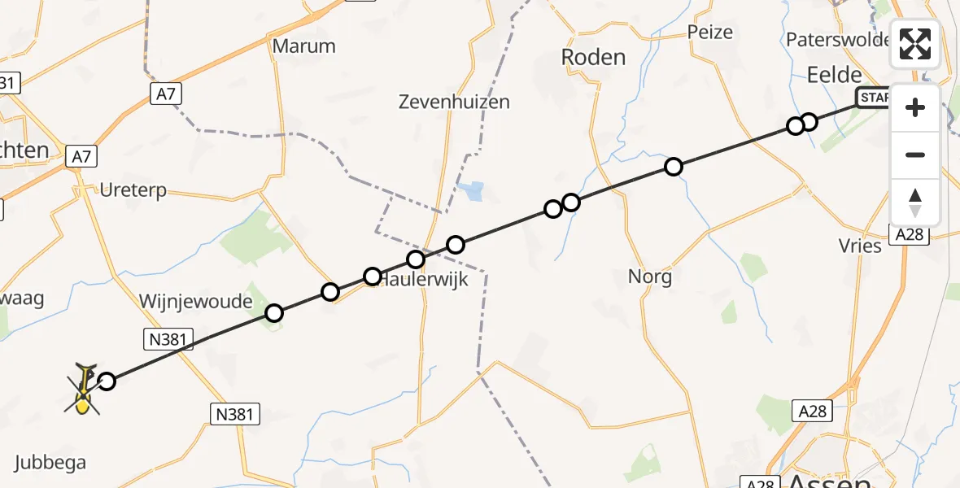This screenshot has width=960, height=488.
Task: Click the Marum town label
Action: click(303, 46)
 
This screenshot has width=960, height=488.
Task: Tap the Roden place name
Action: click(594, 57)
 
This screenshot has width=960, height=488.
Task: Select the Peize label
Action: click(709, 33)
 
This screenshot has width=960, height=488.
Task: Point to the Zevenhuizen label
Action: click(454, 102)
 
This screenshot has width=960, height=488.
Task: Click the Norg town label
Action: click(650, 277)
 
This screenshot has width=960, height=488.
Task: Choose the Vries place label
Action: click(860, 246)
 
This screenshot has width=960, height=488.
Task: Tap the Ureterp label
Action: click(133, 190)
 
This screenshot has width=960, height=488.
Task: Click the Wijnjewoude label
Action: click(196, 302)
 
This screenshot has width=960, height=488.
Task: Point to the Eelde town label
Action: click(834, 75)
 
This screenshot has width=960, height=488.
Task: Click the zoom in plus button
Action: click(915, 108)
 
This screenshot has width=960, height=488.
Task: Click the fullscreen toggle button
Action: click(915, 44)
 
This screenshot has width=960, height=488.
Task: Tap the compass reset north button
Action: click(915, 202)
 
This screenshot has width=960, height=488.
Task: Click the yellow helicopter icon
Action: click(83, 390)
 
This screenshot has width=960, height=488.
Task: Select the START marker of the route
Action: click(872, 98)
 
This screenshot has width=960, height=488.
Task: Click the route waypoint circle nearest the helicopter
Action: click(107, 381)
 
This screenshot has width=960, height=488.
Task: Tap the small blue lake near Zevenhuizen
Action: click(469, 192)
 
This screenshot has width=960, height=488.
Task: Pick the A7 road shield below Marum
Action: click(165, 94)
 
